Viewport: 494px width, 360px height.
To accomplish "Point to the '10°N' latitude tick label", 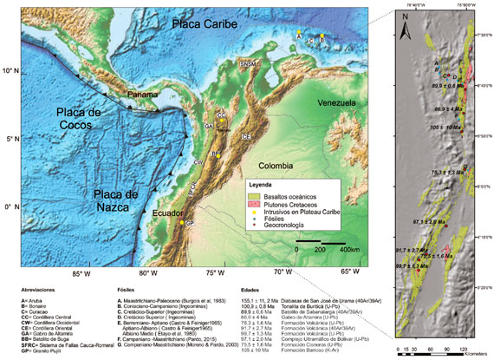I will [x=11, y=70].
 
